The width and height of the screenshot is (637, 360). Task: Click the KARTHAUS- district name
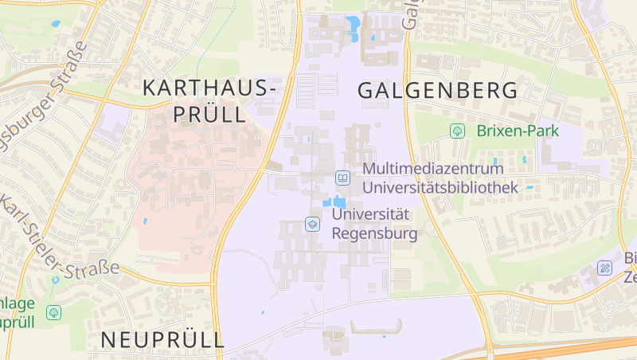click(209, 88)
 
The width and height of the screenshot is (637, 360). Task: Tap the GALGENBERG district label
click(437, 90)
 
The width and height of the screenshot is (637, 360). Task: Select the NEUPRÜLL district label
click(162, 340)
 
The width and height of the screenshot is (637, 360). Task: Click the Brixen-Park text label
click(518, 131)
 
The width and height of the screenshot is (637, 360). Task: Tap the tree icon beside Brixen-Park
click(457, 131)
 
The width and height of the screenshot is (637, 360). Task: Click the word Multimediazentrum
click(433, 169)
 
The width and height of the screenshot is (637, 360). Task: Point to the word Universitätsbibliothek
click(440, 187)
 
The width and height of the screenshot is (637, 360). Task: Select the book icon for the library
click(342, 178)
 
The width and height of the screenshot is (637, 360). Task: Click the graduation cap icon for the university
click(312, 224)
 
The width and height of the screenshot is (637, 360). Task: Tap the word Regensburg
click(373, 233)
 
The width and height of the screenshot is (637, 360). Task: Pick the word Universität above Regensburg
click(370, 213)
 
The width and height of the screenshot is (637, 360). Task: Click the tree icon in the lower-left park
click(53, 312)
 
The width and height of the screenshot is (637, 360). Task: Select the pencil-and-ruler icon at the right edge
click(606, 268)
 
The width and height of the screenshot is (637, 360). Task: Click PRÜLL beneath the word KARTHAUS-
click(209, 114)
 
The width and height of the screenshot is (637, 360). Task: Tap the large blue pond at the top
click(351, 29)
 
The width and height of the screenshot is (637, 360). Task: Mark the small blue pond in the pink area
click(144, 220)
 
